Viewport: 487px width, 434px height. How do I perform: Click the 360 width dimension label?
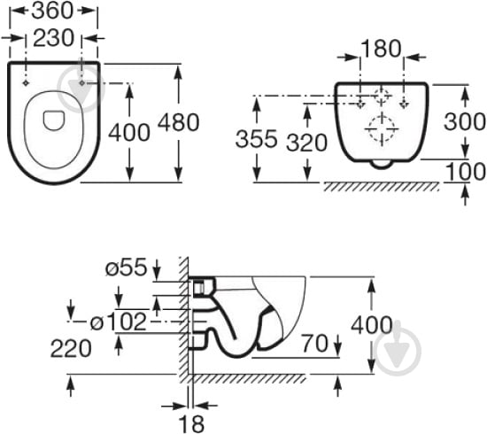click(x=52, y=11)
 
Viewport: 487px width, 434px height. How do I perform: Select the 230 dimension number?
click(x=53, y=38)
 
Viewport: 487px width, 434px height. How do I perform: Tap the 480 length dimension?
click(x=178, y=122)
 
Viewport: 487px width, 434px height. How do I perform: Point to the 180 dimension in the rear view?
click(x=381, y=49)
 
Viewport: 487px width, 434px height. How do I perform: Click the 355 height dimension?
click(x=256, y=138)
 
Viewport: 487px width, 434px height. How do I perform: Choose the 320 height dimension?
click(x=307, y=143)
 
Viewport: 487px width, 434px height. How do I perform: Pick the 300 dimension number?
click(x=465, y=121)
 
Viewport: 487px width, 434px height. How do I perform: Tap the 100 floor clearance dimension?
click(x=466, y=172)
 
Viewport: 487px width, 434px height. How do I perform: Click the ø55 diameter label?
click(x=126, y=267)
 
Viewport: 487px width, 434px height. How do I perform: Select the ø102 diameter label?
click(x=119, y=322)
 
